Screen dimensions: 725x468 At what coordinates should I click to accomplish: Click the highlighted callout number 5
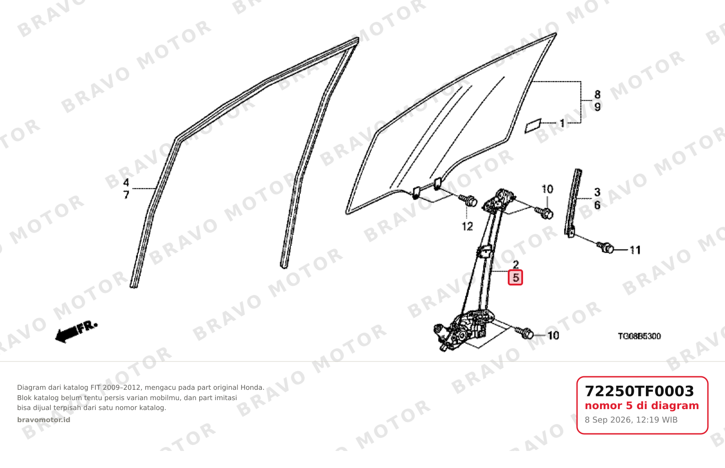515,278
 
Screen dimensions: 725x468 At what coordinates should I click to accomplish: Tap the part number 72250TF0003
639,391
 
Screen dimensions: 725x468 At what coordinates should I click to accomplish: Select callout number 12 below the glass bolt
467,227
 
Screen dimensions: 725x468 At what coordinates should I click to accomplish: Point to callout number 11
635,250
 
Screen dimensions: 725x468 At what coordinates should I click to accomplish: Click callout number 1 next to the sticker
562,123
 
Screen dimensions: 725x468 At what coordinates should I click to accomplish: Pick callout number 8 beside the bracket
597,94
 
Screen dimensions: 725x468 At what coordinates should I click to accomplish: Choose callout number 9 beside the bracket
597,107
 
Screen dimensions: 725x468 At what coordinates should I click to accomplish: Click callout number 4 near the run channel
126,183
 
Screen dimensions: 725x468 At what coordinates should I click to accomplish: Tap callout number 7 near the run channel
126,195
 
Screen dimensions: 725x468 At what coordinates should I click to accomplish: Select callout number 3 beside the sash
597,192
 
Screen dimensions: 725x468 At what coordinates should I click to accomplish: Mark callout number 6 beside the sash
597,205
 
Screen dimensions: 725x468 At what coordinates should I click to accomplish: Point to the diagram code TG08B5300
639,336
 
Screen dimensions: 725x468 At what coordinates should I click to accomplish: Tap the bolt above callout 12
468,200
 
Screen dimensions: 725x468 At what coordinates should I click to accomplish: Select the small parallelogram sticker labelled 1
533,126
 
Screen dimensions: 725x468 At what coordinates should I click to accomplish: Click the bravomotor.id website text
44,420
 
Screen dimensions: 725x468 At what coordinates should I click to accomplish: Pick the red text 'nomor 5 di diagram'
642,406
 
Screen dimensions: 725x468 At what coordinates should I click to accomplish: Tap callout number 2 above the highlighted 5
515,265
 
